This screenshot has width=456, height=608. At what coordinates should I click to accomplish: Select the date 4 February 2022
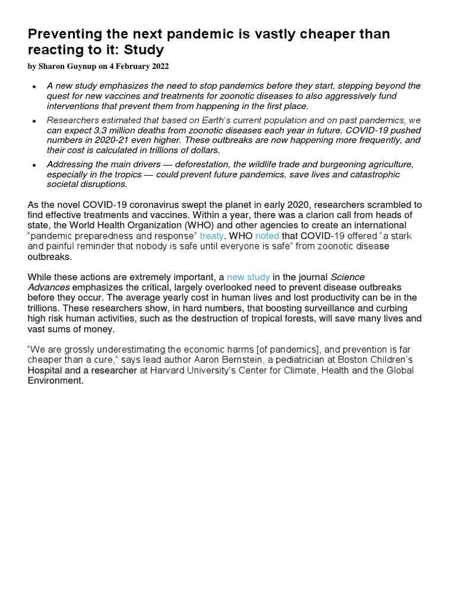pos(143,66)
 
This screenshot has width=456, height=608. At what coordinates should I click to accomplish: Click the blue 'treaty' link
pos(211,236)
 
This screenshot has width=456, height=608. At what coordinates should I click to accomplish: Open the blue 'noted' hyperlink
pos(267,236)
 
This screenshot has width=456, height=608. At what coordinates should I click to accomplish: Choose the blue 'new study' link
pos(248,277)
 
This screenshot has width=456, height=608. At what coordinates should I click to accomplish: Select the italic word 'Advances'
pos(49,287)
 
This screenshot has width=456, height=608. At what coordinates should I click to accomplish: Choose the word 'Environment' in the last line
pos(55,381)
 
